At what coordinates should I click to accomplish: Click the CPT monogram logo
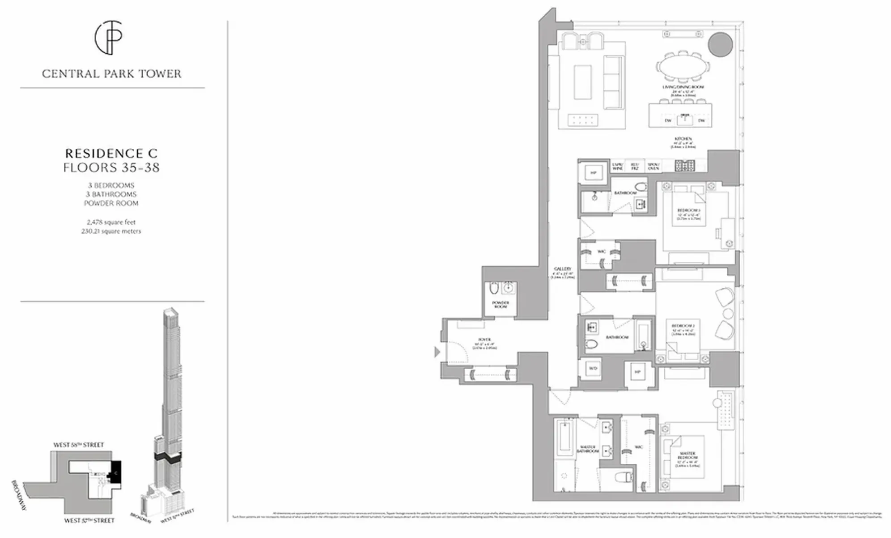108,38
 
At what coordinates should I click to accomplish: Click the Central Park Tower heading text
112,74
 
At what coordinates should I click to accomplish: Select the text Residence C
111,153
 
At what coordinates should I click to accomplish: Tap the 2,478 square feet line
111,222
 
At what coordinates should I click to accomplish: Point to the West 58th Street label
78,445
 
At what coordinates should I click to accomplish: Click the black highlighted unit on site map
116,472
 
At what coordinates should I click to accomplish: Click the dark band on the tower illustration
167,457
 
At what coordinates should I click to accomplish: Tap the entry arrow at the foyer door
437,352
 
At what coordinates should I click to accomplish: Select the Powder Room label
500,305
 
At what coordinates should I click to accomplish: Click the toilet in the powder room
494,289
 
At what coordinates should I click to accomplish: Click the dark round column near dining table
720,44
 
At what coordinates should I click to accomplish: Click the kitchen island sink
684,119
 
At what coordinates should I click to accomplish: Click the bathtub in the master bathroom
564,443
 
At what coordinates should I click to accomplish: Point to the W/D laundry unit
593,369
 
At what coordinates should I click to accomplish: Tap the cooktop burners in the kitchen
685,166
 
